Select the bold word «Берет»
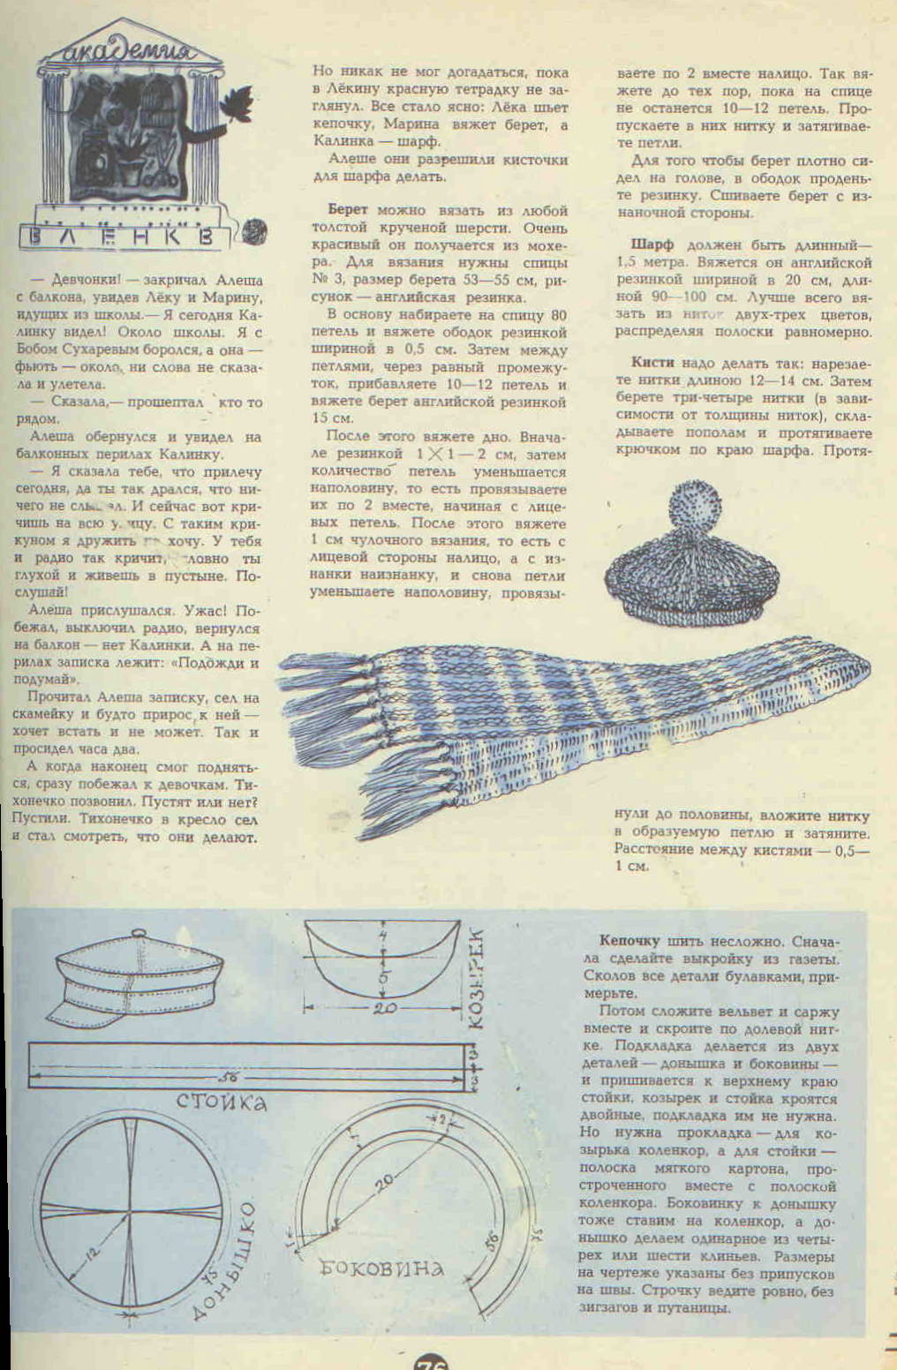pyautogui.click(x=347, y=211)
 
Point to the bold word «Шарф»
pyautogui.click(x=652, y=245)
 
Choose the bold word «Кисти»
pyautogui.click(x=652, y=363)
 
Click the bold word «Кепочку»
pyautogui.click(x=630, y=942)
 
